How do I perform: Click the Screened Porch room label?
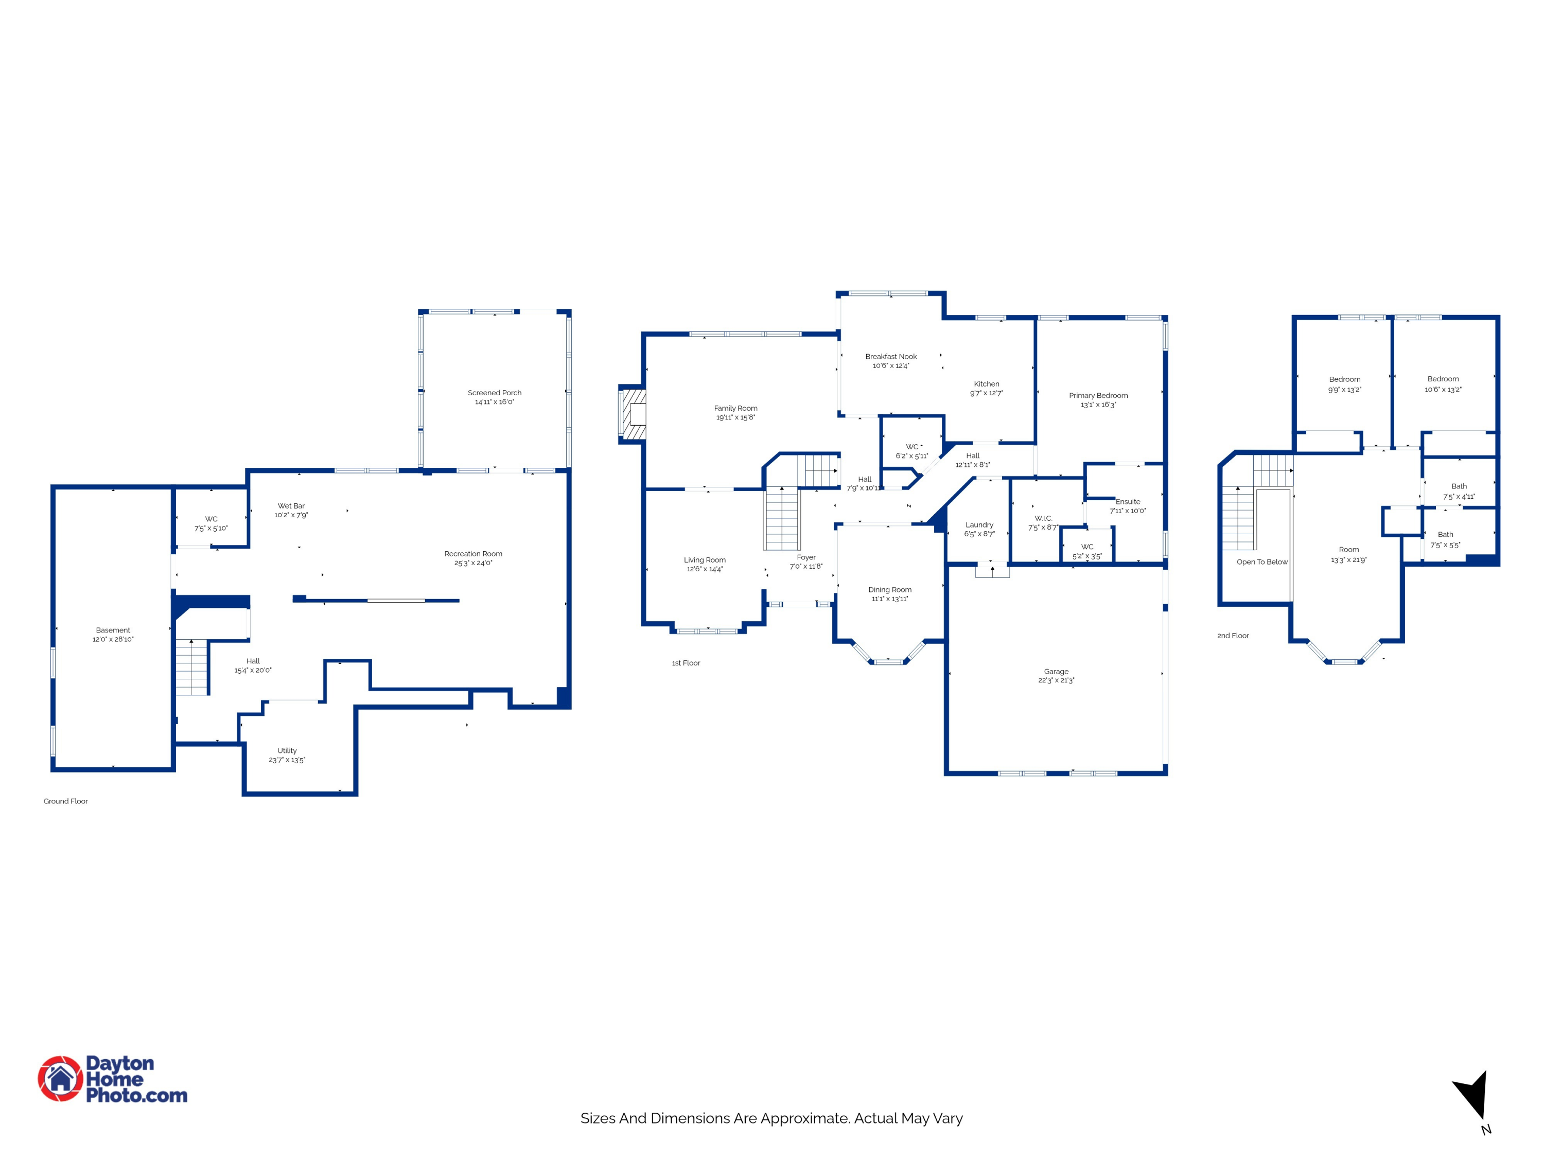tap(494, 393)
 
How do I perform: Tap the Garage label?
tap(1056, 672)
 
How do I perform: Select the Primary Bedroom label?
tap(1098, 395)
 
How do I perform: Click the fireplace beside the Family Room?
tap(633, 415)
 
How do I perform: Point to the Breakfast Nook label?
tap(891, 357)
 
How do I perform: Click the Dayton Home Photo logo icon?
tap(60, 1078)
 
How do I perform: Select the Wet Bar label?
tap(291, 506)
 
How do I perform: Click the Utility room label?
tap(287, 751)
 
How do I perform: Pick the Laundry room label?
tap(979, 525)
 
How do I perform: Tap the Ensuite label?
tap(1128, 502)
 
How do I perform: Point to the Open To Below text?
tap(1262, 562)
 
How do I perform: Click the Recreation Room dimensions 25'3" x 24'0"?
tap(473, 563)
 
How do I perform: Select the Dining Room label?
tap(890, 590)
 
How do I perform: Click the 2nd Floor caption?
tap(1233, 636)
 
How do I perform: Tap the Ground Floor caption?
tap(65, 801)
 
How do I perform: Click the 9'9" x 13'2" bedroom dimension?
tap(1344, 390)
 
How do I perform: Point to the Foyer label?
tap(806, 558)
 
